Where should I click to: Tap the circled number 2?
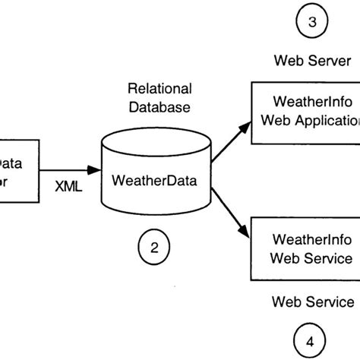[154, 247]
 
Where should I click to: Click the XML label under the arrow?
[70, 185]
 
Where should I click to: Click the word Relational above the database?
[159, 89]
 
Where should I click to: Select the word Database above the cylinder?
[159, 107]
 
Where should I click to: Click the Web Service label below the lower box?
[313, 302]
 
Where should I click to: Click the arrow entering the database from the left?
[68, 169]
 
